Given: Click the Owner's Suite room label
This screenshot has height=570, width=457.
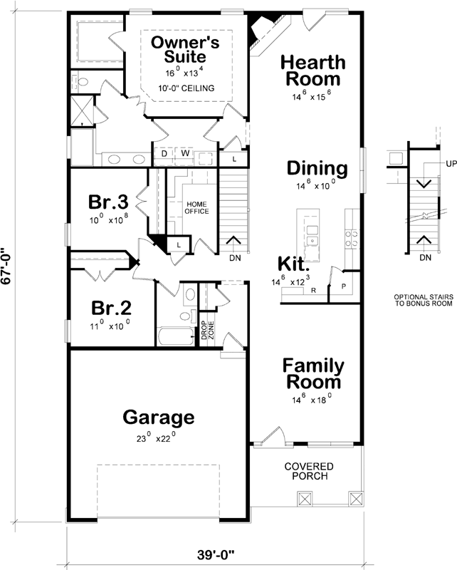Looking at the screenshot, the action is coord(185,49).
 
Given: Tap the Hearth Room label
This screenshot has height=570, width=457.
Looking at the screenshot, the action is coord(312,71).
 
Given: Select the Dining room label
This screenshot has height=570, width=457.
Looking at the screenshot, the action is coord(317,169).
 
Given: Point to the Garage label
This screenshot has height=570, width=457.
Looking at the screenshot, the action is coord(159,418).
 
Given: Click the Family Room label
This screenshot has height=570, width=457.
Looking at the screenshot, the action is coord(313,374).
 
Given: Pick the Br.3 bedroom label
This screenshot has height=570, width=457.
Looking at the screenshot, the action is coord(108,202).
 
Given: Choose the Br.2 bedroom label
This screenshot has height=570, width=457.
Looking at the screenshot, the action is coord(111,308).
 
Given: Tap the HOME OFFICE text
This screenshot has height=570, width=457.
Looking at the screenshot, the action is coord(197,207).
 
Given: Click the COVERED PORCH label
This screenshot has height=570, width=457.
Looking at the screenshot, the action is coord(309,471).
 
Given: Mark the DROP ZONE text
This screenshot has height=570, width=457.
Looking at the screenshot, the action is coord(208,330).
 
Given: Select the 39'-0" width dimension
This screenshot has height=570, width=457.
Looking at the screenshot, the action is coord(216,555).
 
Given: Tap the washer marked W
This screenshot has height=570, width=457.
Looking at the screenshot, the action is coord(185,153).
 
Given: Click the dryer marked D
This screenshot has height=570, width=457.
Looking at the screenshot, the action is coord(164,154).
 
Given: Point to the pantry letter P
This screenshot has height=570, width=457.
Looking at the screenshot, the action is coord(344,286).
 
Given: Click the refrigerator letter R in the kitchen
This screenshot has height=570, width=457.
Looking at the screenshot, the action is coord(313,290).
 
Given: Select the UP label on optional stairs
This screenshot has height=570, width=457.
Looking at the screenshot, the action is coord(451,164).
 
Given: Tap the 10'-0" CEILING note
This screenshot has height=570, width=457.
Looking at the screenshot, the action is coord(187,88).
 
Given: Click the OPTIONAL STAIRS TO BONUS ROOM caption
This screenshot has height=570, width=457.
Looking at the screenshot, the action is coord(424,300).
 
